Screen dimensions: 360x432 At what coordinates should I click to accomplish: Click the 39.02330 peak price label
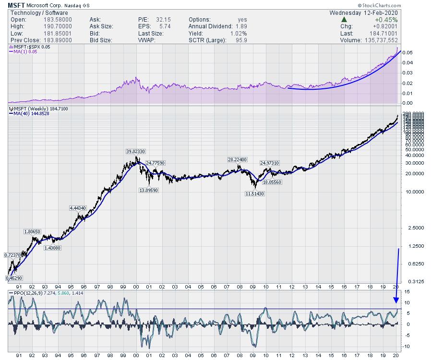(135, 151)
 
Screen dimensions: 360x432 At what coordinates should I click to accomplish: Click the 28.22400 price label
(238, 159)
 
